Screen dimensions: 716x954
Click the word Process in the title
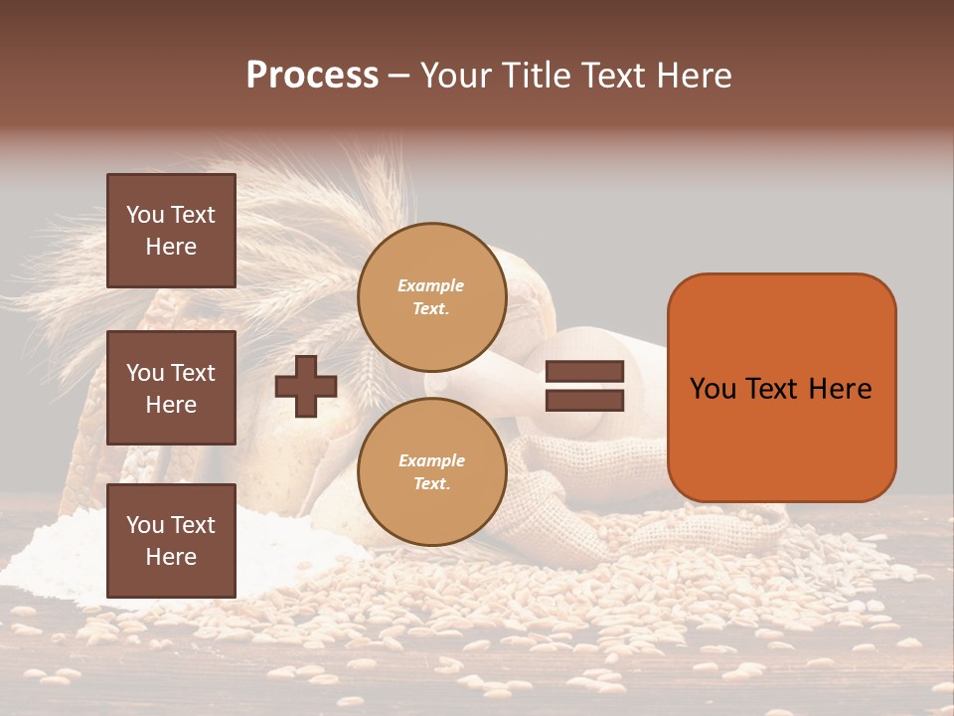pyautogui.click(x=312, y=76)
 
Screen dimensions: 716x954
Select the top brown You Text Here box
pyautogui.click(x=171, y=231)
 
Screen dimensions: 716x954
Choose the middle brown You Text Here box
pyautogui.click(x=171, y=388)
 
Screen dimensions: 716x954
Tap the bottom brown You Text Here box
pyautogui.click(x=171, y=541)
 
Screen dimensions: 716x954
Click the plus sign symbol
pyautogui.click(x=306, y=386)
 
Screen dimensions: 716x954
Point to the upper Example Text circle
pyautogui.click(x=431, y=297)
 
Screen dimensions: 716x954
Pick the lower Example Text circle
pyautogui.click(x=431, y=471)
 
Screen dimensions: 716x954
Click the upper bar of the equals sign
pyautogui.click(x=585, y=372)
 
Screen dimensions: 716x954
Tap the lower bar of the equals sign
pyautogui.click(x=585, y=401)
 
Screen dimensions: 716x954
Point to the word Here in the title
pyautogui.click(x=694, y=76)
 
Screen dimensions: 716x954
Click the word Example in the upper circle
pyautogui.click(x=430, y=285)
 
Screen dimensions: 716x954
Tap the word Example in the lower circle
pyautogui.click(x=431, y=460)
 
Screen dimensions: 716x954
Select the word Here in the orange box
pyautogui.click(x=840, y=389)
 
